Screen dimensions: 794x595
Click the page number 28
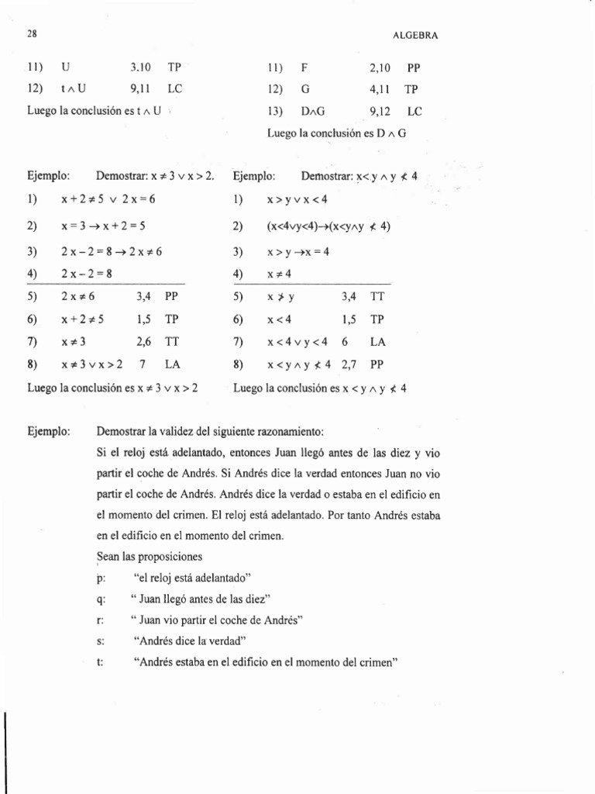tap(32, 36)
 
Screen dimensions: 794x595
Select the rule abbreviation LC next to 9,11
tap(174, 88)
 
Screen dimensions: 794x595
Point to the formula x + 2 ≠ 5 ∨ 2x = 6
tap(108, 198)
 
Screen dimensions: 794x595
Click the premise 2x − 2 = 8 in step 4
tap(87, 274)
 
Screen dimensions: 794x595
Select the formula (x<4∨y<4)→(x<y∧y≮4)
tap(329, 227)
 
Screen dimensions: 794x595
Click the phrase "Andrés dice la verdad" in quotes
tap(190, 640)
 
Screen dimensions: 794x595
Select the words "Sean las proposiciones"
tap(149, 556)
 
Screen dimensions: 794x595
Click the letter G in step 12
tap(304, 88)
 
